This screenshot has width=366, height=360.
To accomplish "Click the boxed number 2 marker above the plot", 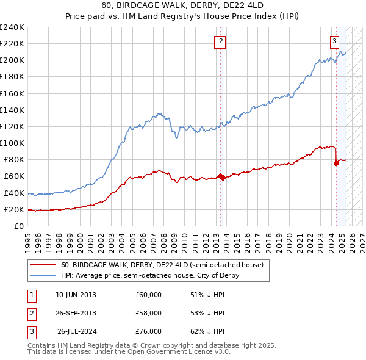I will [220, 41].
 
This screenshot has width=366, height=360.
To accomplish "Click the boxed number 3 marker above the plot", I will [335, 41].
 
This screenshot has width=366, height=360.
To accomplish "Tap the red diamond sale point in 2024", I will [336, 163].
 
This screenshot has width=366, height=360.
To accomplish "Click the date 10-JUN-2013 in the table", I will [76, 295].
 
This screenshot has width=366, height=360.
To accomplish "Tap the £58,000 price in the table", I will [148, 313].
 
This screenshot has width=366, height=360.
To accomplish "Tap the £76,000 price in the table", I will [148, 331].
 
